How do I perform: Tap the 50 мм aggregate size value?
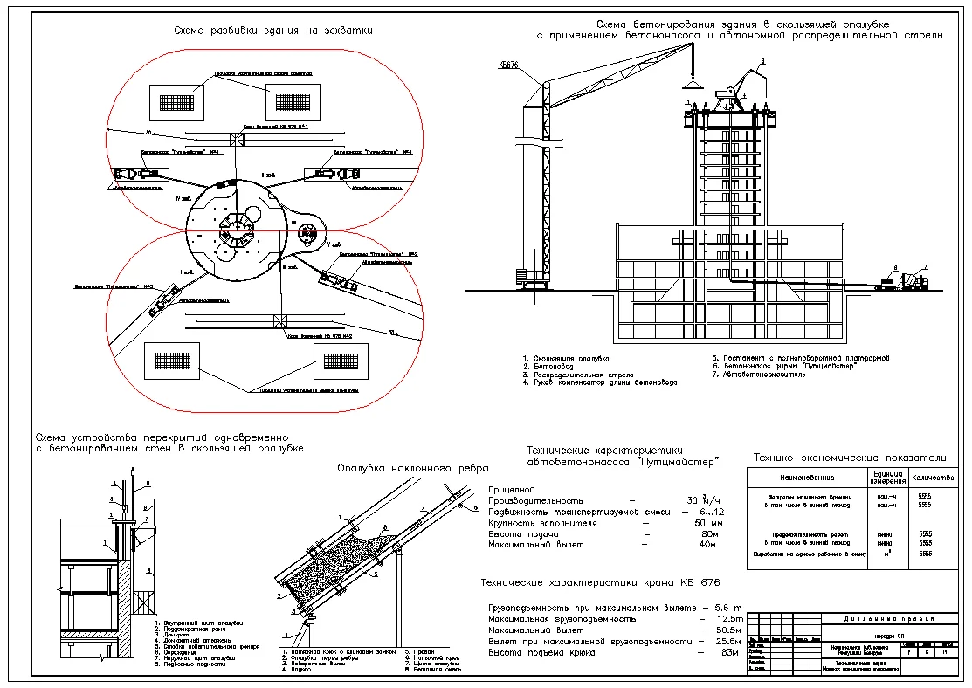click(703, 523)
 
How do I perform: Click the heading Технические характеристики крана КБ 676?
click(602, 582)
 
